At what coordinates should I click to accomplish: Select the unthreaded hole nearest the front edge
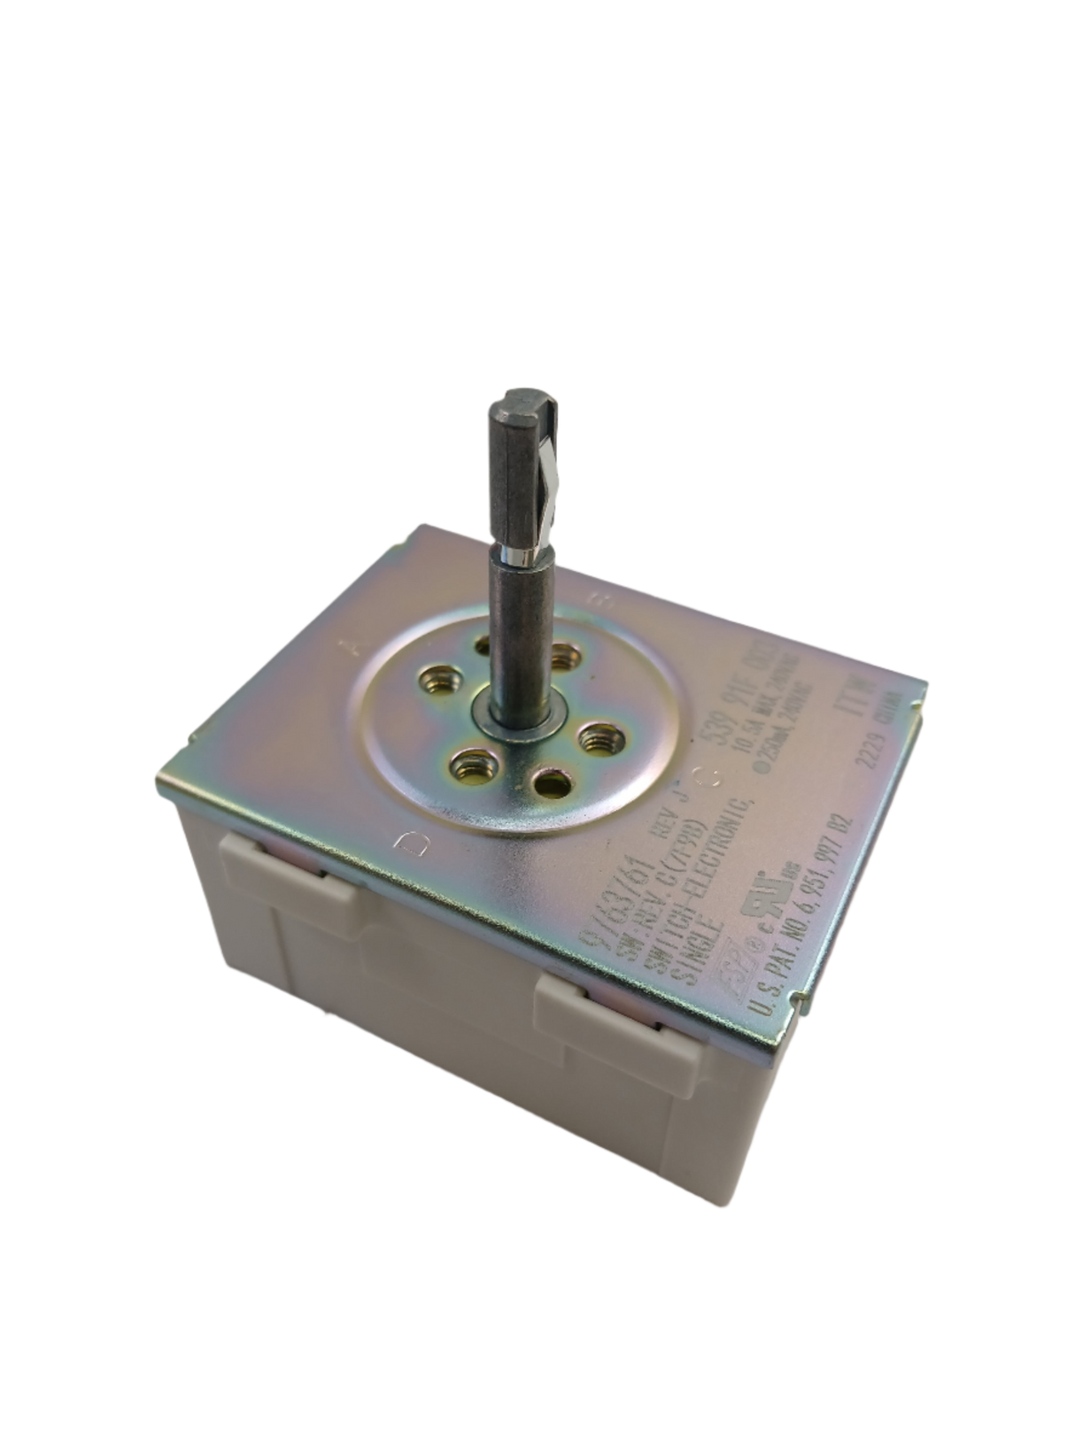tap(552, 782)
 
